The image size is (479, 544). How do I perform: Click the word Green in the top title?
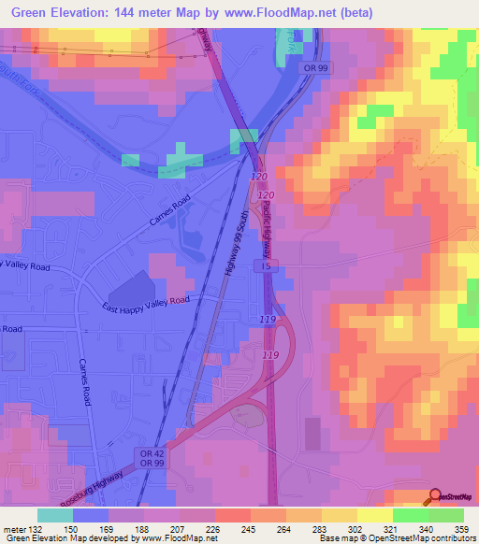tap(32, 13)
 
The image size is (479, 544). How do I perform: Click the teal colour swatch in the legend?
tap(55, 515)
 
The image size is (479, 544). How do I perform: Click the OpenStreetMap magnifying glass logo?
tap(435, 496)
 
